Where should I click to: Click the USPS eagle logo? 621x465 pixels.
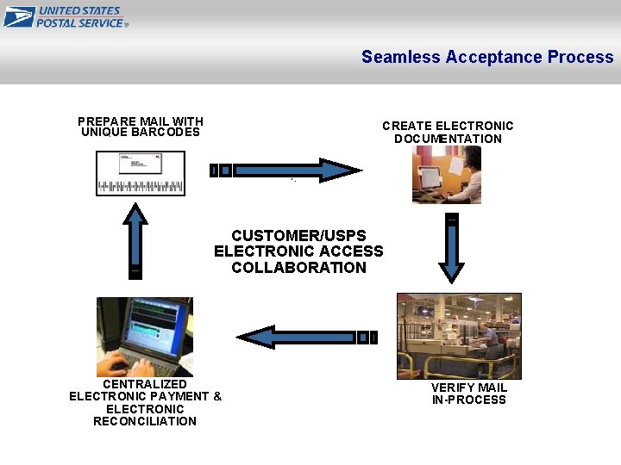[x=19, y=16]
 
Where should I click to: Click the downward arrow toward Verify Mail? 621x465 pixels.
[x=451, y=249]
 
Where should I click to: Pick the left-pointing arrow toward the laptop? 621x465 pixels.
[x=306, y=337]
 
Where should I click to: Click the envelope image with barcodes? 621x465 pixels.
[x=140, y=173]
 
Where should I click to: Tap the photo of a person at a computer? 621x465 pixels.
[x=446, y=174]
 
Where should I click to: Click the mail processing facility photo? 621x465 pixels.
[x=458, y=336]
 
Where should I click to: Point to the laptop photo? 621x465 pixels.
[x=144, y=337]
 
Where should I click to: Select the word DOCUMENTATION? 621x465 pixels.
[x=448, y=139]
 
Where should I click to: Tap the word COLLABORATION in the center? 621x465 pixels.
[x=298, y=268]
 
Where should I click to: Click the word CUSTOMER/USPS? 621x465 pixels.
[x=298, y=236]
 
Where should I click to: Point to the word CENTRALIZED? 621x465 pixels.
[x=144, y=384]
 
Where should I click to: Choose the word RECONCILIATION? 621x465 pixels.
[x=144, y=421]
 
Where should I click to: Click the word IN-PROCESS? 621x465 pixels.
[x=468, y=400]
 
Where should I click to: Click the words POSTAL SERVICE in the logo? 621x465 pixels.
[x=80, y=23]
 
